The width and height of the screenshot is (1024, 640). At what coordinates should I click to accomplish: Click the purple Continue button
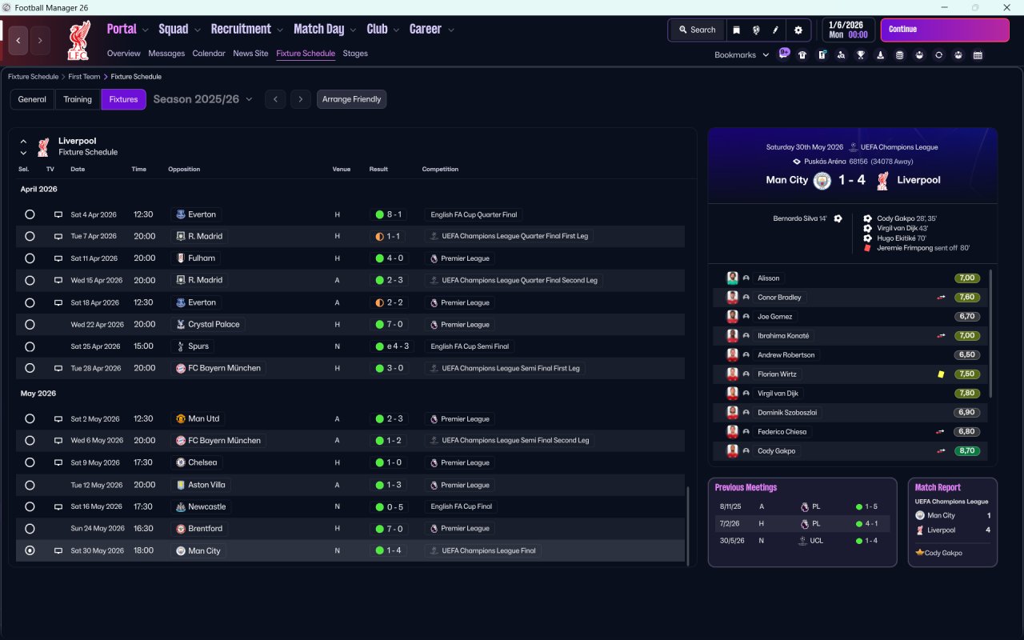pos(945,30)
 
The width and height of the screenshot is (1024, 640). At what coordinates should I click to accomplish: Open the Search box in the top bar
pos(697,30)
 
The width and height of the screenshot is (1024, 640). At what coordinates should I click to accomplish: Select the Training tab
pos(78,99)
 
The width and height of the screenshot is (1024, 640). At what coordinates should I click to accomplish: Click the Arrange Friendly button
pos(351,99)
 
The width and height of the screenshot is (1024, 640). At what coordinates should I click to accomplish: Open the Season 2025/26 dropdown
pos(202,99)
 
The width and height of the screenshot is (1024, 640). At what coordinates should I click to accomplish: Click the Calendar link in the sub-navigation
pos(209,54)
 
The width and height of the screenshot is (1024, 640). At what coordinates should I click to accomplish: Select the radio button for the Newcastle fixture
pos(30,506)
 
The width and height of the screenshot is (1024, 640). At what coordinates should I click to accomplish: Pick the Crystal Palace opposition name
pos(214,324)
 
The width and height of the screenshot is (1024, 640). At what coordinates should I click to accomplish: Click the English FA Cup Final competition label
pos(461,506)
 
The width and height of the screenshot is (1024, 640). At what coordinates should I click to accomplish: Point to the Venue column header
pos(341,169)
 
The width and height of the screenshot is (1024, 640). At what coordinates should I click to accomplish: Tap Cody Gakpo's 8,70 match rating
pos(966,450)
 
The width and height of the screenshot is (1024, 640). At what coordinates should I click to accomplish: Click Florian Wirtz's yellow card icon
pos(941,374)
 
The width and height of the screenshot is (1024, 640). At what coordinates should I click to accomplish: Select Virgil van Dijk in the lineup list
pos(778,393)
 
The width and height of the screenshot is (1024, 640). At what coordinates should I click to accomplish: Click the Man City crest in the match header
pos(822,181)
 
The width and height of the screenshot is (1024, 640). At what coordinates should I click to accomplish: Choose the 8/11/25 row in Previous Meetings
pos(802,506)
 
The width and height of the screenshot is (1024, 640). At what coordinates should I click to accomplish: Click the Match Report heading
pos(938,487)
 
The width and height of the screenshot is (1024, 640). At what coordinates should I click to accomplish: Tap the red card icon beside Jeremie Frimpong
pos(867,248)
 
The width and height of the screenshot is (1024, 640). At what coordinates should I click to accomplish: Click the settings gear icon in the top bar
pos(798,30)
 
